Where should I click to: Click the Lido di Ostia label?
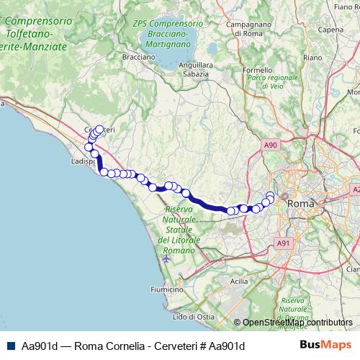(192, 316)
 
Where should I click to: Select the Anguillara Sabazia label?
(194, 69)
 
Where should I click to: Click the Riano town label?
(312, 57)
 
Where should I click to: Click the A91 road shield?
(284, 243)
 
